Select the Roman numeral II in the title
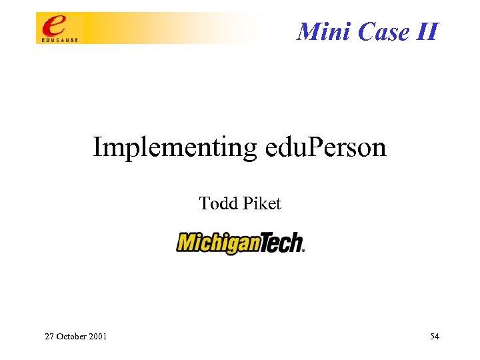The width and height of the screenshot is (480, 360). coord(427,31)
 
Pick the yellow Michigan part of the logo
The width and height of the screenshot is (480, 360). coord(218,243)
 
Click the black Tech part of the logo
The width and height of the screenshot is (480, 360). coord(281,243)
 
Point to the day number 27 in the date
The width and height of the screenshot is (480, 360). coord(49,337)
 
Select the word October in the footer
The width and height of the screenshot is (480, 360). coord(71,337)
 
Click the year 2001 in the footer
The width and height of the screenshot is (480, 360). coord(97,337)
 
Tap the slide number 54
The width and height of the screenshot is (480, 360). coord(435,337)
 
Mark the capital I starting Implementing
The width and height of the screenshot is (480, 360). coord(97,147)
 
